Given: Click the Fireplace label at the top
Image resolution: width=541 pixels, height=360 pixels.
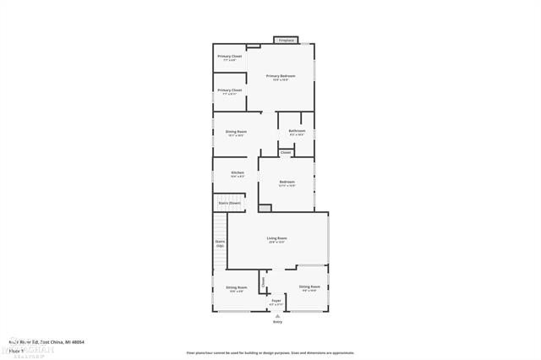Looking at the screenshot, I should click(286, 40).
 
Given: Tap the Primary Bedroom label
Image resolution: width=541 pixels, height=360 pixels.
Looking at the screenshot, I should click(280, 76).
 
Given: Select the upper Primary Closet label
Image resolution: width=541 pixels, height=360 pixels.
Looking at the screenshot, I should click(229, 57).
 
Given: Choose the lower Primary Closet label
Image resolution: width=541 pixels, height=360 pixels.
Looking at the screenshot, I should click(229, 90).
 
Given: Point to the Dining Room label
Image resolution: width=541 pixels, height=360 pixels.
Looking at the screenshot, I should click(236, 132).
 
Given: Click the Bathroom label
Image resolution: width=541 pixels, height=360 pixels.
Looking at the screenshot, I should click(297, 131).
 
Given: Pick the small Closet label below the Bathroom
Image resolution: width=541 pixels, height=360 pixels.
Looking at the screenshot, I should click(286, 152).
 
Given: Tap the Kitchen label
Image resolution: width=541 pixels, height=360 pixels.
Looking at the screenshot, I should click(238, 172).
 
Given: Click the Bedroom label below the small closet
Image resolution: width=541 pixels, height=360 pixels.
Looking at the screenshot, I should click(287, 182).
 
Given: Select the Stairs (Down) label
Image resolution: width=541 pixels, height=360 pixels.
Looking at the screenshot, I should click(230, 203).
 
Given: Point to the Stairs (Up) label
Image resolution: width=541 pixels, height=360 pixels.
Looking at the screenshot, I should click(220, 243).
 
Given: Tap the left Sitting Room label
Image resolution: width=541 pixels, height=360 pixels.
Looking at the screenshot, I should click(236, 288).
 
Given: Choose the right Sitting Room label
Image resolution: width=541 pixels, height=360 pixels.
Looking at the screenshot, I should click(309, 288).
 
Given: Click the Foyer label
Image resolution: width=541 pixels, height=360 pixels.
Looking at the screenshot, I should click(276, 300).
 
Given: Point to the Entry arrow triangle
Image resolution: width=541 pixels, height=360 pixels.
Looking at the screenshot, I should click(277, 315).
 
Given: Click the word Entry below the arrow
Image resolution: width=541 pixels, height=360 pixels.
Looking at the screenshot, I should click(277, 322).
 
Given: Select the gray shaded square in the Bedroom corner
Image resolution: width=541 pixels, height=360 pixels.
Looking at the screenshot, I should click(265, 208).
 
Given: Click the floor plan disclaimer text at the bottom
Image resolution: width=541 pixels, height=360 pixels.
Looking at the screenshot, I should click(270, 352).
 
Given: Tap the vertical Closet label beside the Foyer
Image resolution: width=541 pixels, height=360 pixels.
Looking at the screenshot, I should click(263, 281).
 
